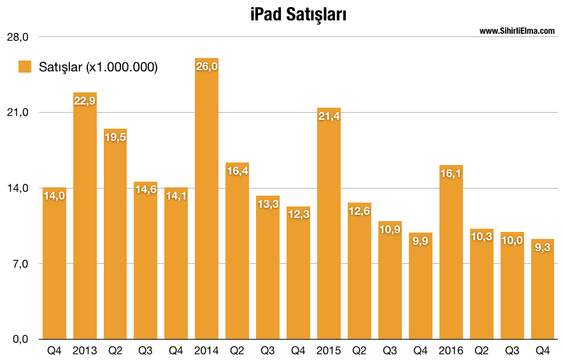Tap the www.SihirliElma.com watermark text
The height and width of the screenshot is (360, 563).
[x=517, y=31]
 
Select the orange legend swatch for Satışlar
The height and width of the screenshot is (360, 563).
[x=25, y=67]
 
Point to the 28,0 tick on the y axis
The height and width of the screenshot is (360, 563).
[x=18, y=37]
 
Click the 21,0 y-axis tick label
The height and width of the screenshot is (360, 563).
[x=18, y=113]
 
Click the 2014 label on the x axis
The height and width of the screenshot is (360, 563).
[x=206, y=350]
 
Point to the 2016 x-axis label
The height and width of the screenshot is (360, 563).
[x=451, y=350]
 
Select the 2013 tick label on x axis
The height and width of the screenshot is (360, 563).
[x=85, y=350]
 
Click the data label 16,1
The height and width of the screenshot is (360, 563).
[x=451, y=173]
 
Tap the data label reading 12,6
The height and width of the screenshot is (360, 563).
[x=359, y=211]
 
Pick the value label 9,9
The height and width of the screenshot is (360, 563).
[x=420, y=241]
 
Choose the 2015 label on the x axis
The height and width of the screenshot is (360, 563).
[x=329, y=350]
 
